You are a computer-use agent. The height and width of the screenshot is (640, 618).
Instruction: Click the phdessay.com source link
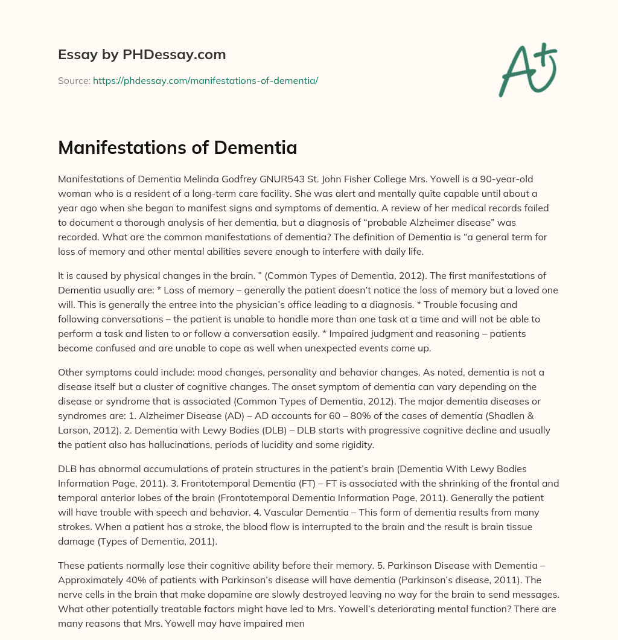(x=205, y=80)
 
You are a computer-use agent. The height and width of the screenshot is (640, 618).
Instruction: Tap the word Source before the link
(x=74, y=80)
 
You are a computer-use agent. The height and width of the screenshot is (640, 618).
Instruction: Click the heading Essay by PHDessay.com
(x=142, y=55)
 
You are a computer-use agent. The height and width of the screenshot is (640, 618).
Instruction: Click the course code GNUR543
(x=264, y=179)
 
